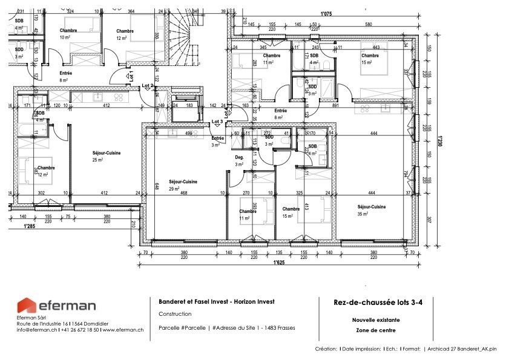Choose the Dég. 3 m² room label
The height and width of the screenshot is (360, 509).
click(239, 160)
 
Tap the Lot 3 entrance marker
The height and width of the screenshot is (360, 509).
click(217, 122)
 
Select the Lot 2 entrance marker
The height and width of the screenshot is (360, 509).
click(147, 86)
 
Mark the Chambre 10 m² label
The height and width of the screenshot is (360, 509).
click(68, 34)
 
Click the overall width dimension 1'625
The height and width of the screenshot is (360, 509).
click(279, 263)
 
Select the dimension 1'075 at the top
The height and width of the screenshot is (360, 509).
click(326, 13)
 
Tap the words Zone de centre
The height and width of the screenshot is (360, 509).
click(374, 330)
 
